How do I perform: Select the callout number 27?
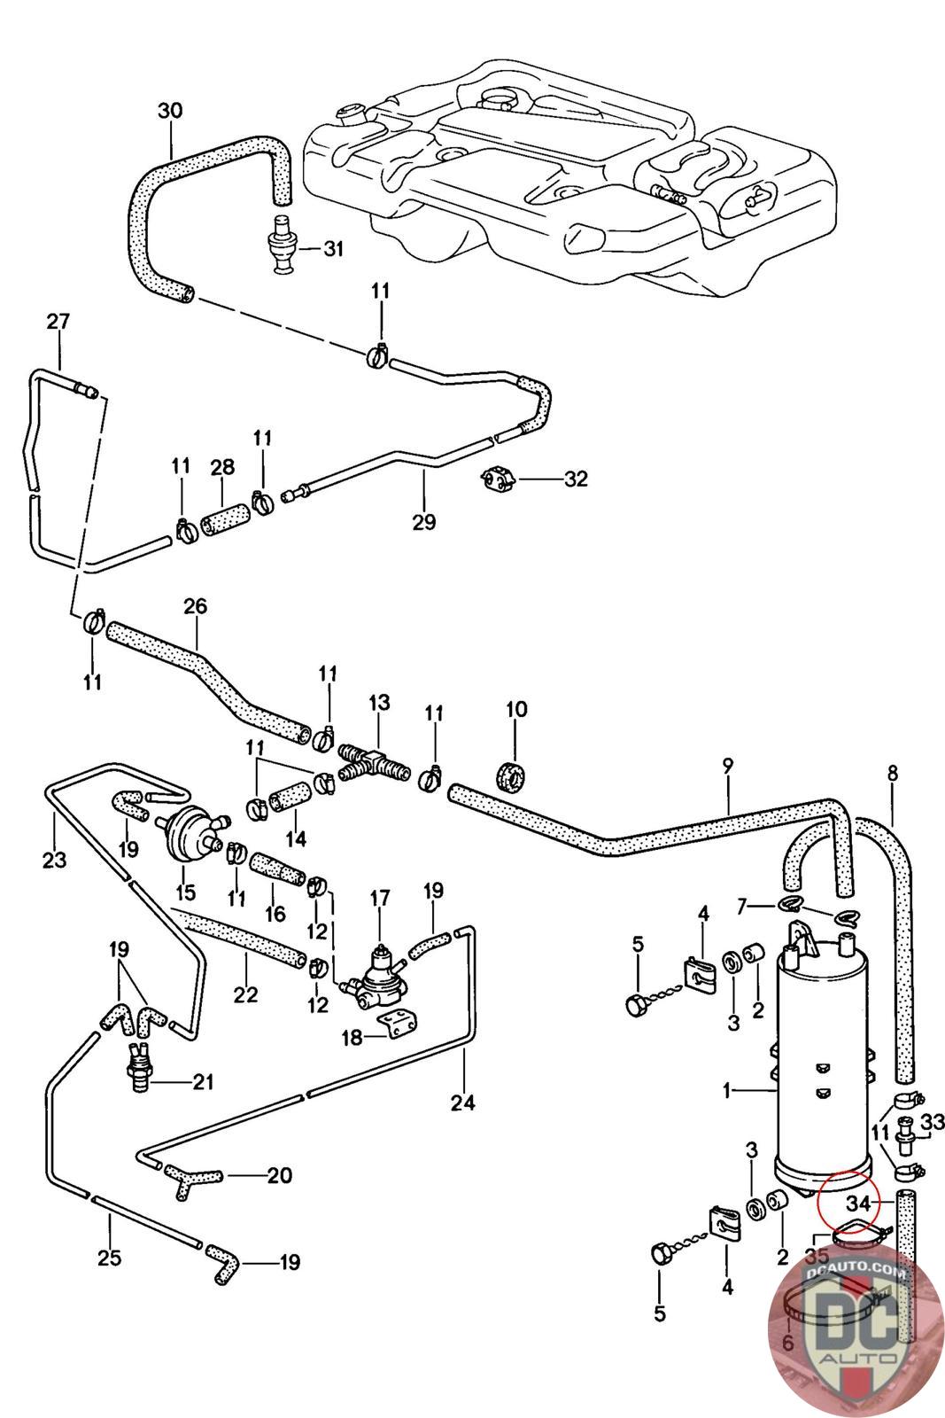pyautogui.click(x=58, y=322)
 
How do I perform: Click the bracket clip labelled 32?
pyautogui.click(x=499, y=479)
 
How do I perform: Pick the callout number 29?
pyautogui.click(x=424, y=522)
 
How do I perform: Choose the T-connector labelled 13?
pyautogui.click(x=372, y=763)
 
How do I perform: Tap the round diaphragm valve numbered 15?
pyautogui.click(x=188, y=831)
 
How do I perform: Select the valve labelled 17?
pyautogui.click(x=378, y=971)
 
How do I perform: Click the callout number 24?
pyautogui.click(x=463, y=1102)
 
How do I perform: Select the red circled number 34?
pyautogui.click(x=858, y=1203)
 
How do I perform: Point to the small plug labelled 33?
pyautogui.click(x=906, y=1135)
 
